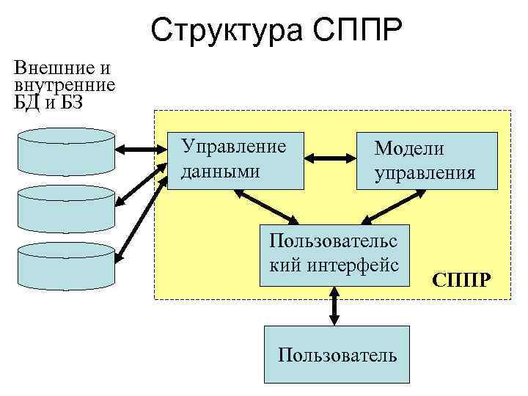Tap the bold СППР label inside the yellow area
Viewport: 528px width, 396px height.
click(462, 281)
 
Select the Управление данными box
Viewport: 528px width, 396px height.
click(236, 161)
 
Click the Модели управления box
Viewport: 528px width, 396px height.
click(426, 161)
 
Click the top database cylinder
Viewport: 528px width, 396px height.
click(66, 150)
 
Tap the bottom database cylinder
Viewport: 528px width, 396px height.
click(66, 265)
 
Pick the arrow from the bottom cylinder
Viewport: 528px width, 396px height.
click(139, 213)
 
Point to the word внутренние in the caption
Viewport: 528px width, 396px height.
click(65, 84)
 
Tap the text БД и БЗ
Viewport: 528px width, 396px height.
click(48, 101)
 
